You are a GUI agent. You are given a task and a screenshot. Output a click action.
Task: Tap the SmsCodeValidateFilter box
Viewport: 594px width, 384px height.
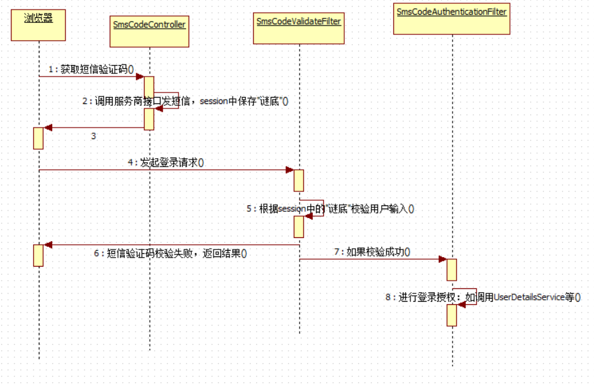pos(299,27)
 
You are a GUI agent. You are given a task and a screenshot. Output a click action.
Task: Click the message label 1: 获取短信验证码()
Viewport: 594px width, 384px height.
pos(95,69)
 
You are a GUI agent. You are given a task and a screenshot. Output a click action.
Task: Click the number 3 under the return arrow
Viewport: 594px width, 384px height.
pos(94,136)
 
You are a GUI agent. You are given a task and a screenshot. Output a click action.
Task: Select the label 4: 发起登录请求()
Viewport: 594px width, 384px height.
pos(165,163)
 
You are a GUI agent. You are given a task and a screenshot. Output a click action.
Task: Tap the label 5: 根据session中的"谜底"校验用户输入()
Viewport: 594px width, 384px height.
pos(331,209)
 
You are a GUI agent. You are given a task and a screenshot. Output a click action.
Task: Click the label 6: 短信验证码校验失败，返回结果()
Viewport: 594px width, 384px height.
pos(170,253)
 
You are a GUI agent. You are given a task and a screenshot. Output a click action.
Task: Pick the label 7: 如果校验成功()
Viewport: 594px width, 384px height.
pos(372,252)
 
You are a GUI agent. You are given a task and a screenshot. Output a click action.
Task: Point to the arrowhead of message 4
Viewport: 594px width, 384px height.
pos(289,170)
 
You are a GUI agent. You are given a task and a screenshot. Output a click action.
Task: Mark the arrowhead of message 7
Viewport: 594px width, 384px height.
pos(442,259)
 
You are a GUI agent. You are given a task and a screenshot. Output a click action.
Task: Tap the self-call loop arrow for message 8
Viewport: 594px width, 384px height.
pos(467,297)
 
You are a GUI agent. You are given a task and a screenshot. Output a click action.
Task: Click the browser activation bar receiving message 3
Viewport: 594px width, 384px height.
pos(38,138)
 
